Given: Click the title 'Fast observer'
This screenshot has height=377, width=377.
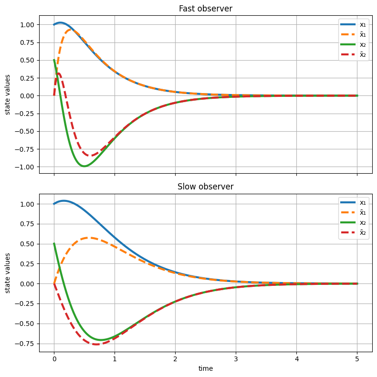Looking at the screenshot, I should pos(206,8).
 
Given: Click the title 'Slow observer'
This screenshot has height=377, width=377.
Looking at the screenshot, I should pos(206,187).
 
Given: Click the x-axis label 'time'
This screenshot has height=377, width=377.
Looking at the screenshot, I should pos(206,368).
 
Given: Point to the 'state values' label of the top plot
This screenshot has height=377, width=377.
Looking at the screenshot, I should pos(8,95).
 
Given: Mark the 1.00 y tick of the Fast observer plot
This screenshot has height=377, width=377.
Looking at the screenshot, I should pos(27,25).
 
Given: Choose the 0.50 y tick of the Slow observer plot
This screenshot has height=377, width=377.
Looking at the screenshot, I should pos(27,244).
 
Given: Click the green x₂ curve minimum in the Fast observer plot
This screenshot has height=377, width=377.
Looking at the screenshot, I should pos(84,166).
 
